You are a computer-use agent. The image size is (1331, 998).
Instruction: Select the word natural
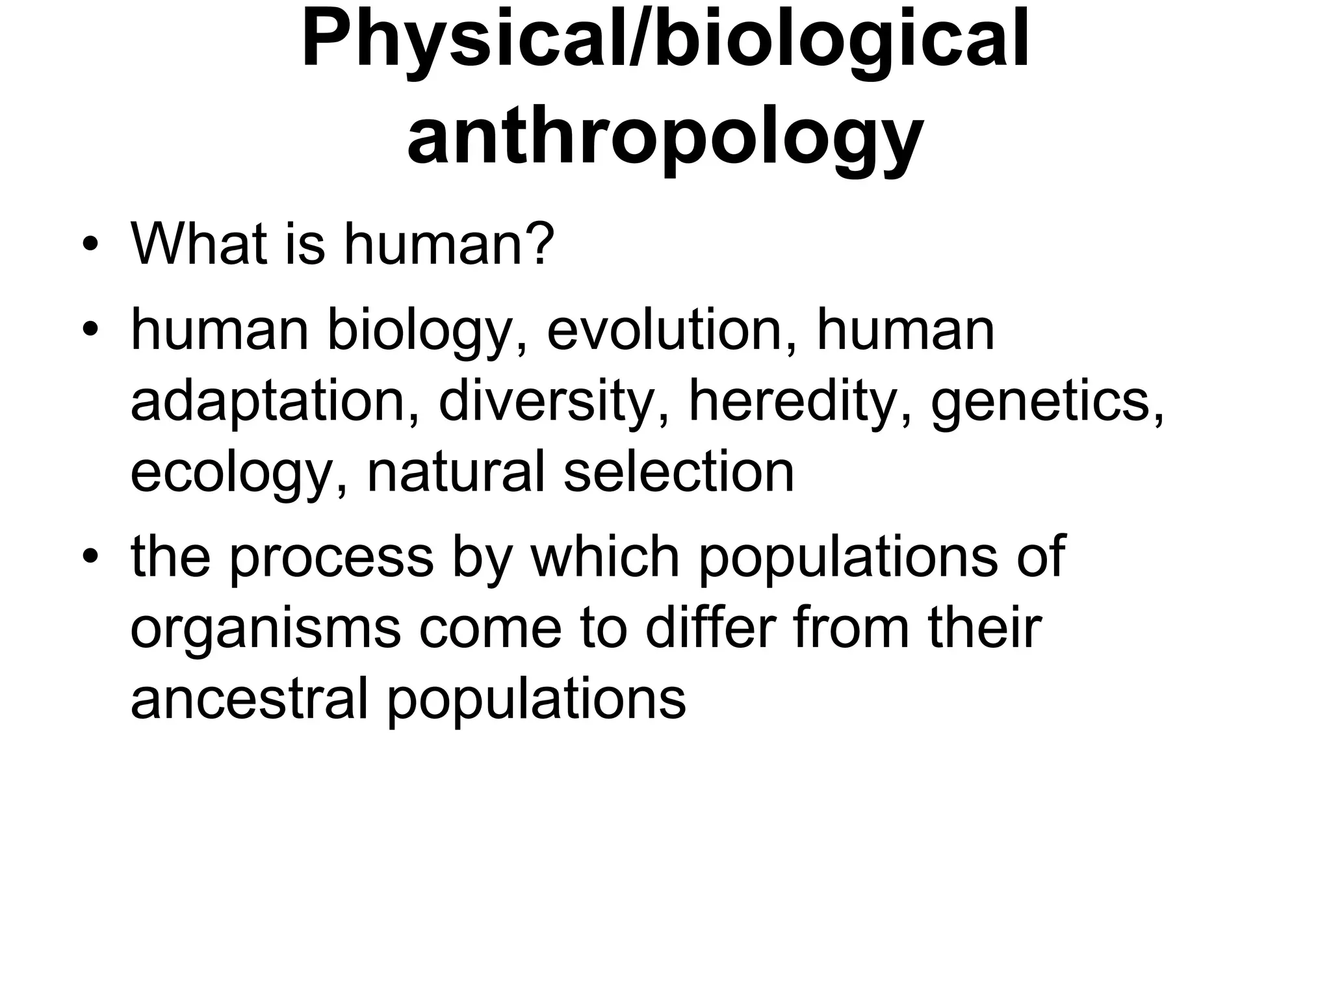tap(456, 472)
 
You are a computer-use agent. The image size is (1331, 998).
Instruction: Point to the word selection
tap(678, 472)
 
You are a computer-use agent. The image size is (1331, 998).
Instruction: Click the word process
tap(331, 558)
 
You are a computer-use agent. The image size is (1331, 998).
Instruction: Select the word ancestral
tap(250, 698)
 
